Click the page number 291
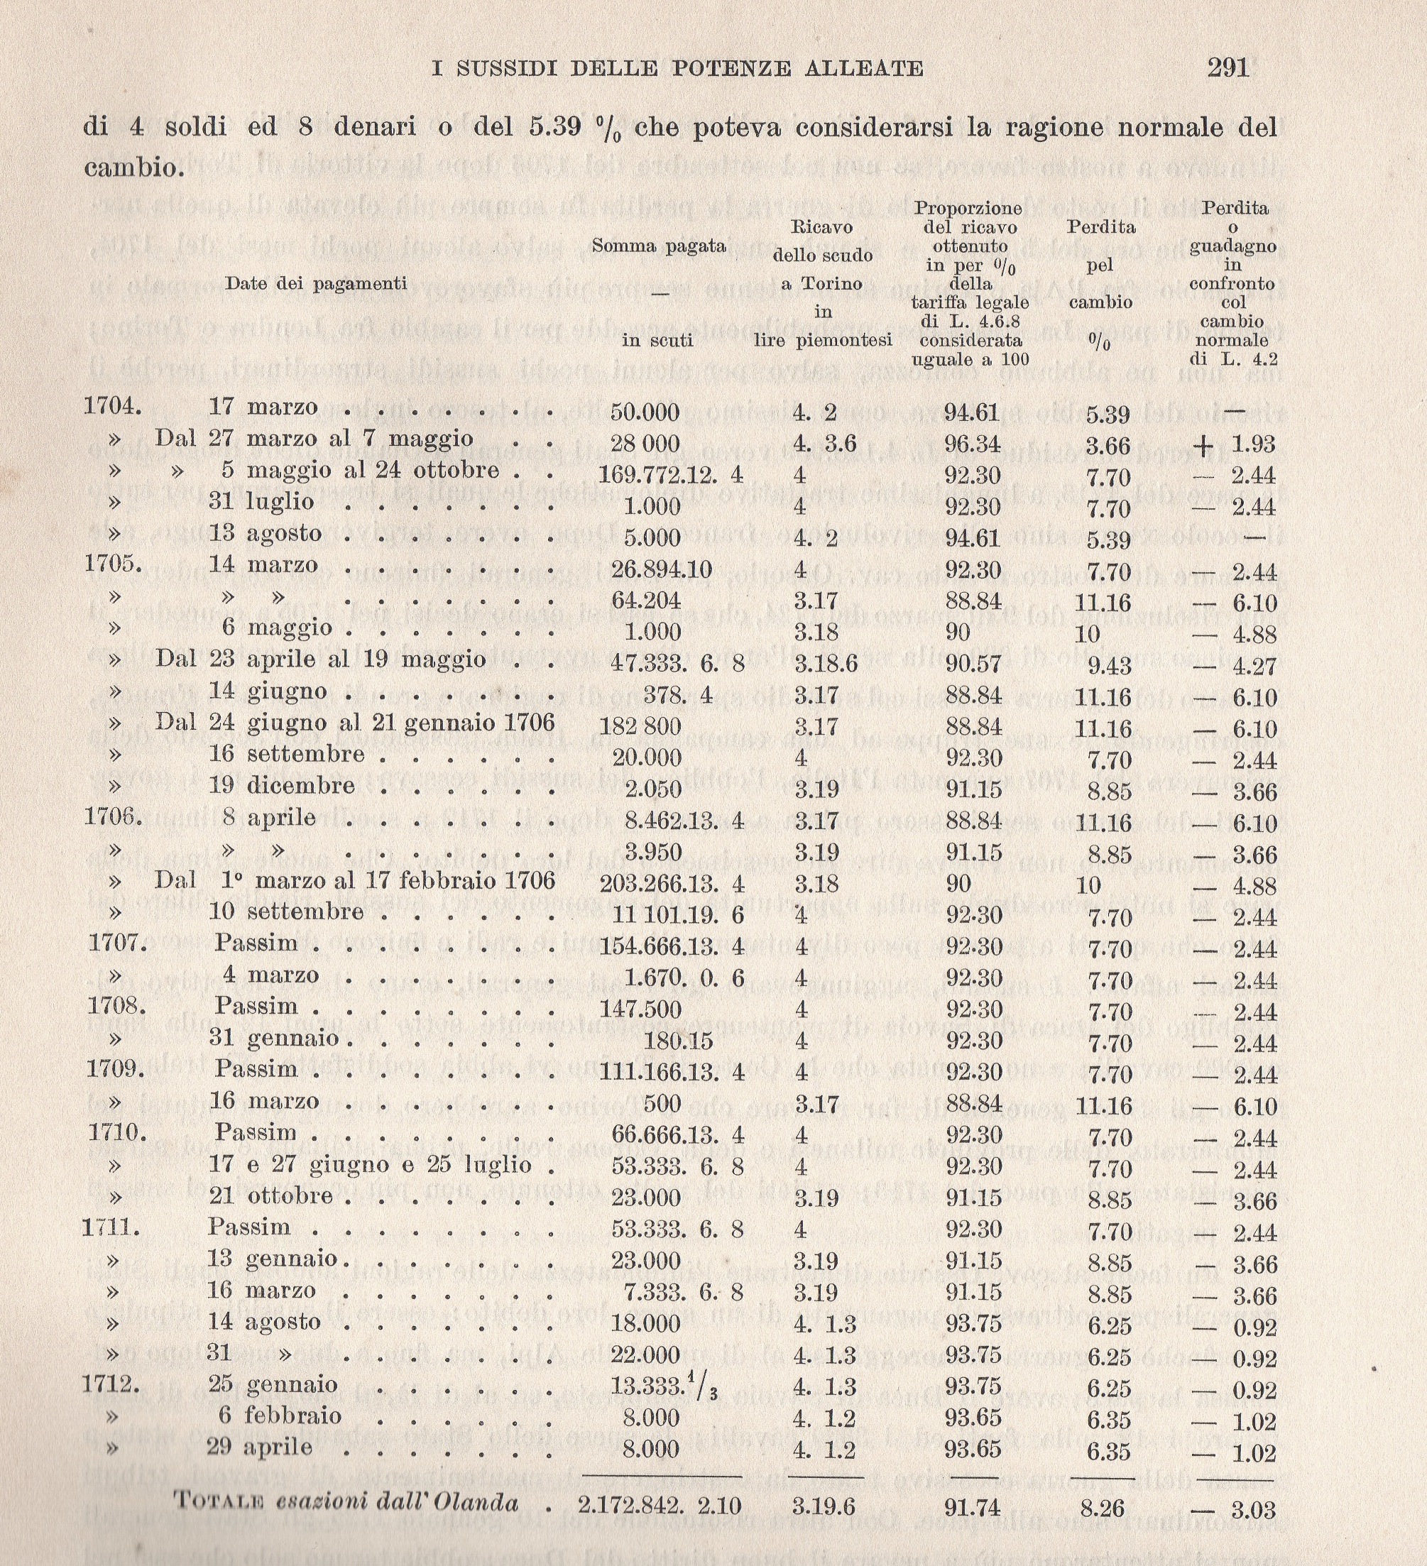(x=1228, y=68)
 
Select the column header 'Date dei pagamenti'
(x=316, y=283)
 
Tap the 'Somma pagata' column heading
(x=659, y=246)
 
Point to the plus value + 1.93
(x=1235, y=445)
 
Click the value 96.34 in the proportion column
(x=971, y=444)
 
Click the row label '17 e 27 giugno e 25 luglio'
(x=370, y=1163)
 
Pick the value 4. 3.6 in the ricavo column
(x=824, y=444)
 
